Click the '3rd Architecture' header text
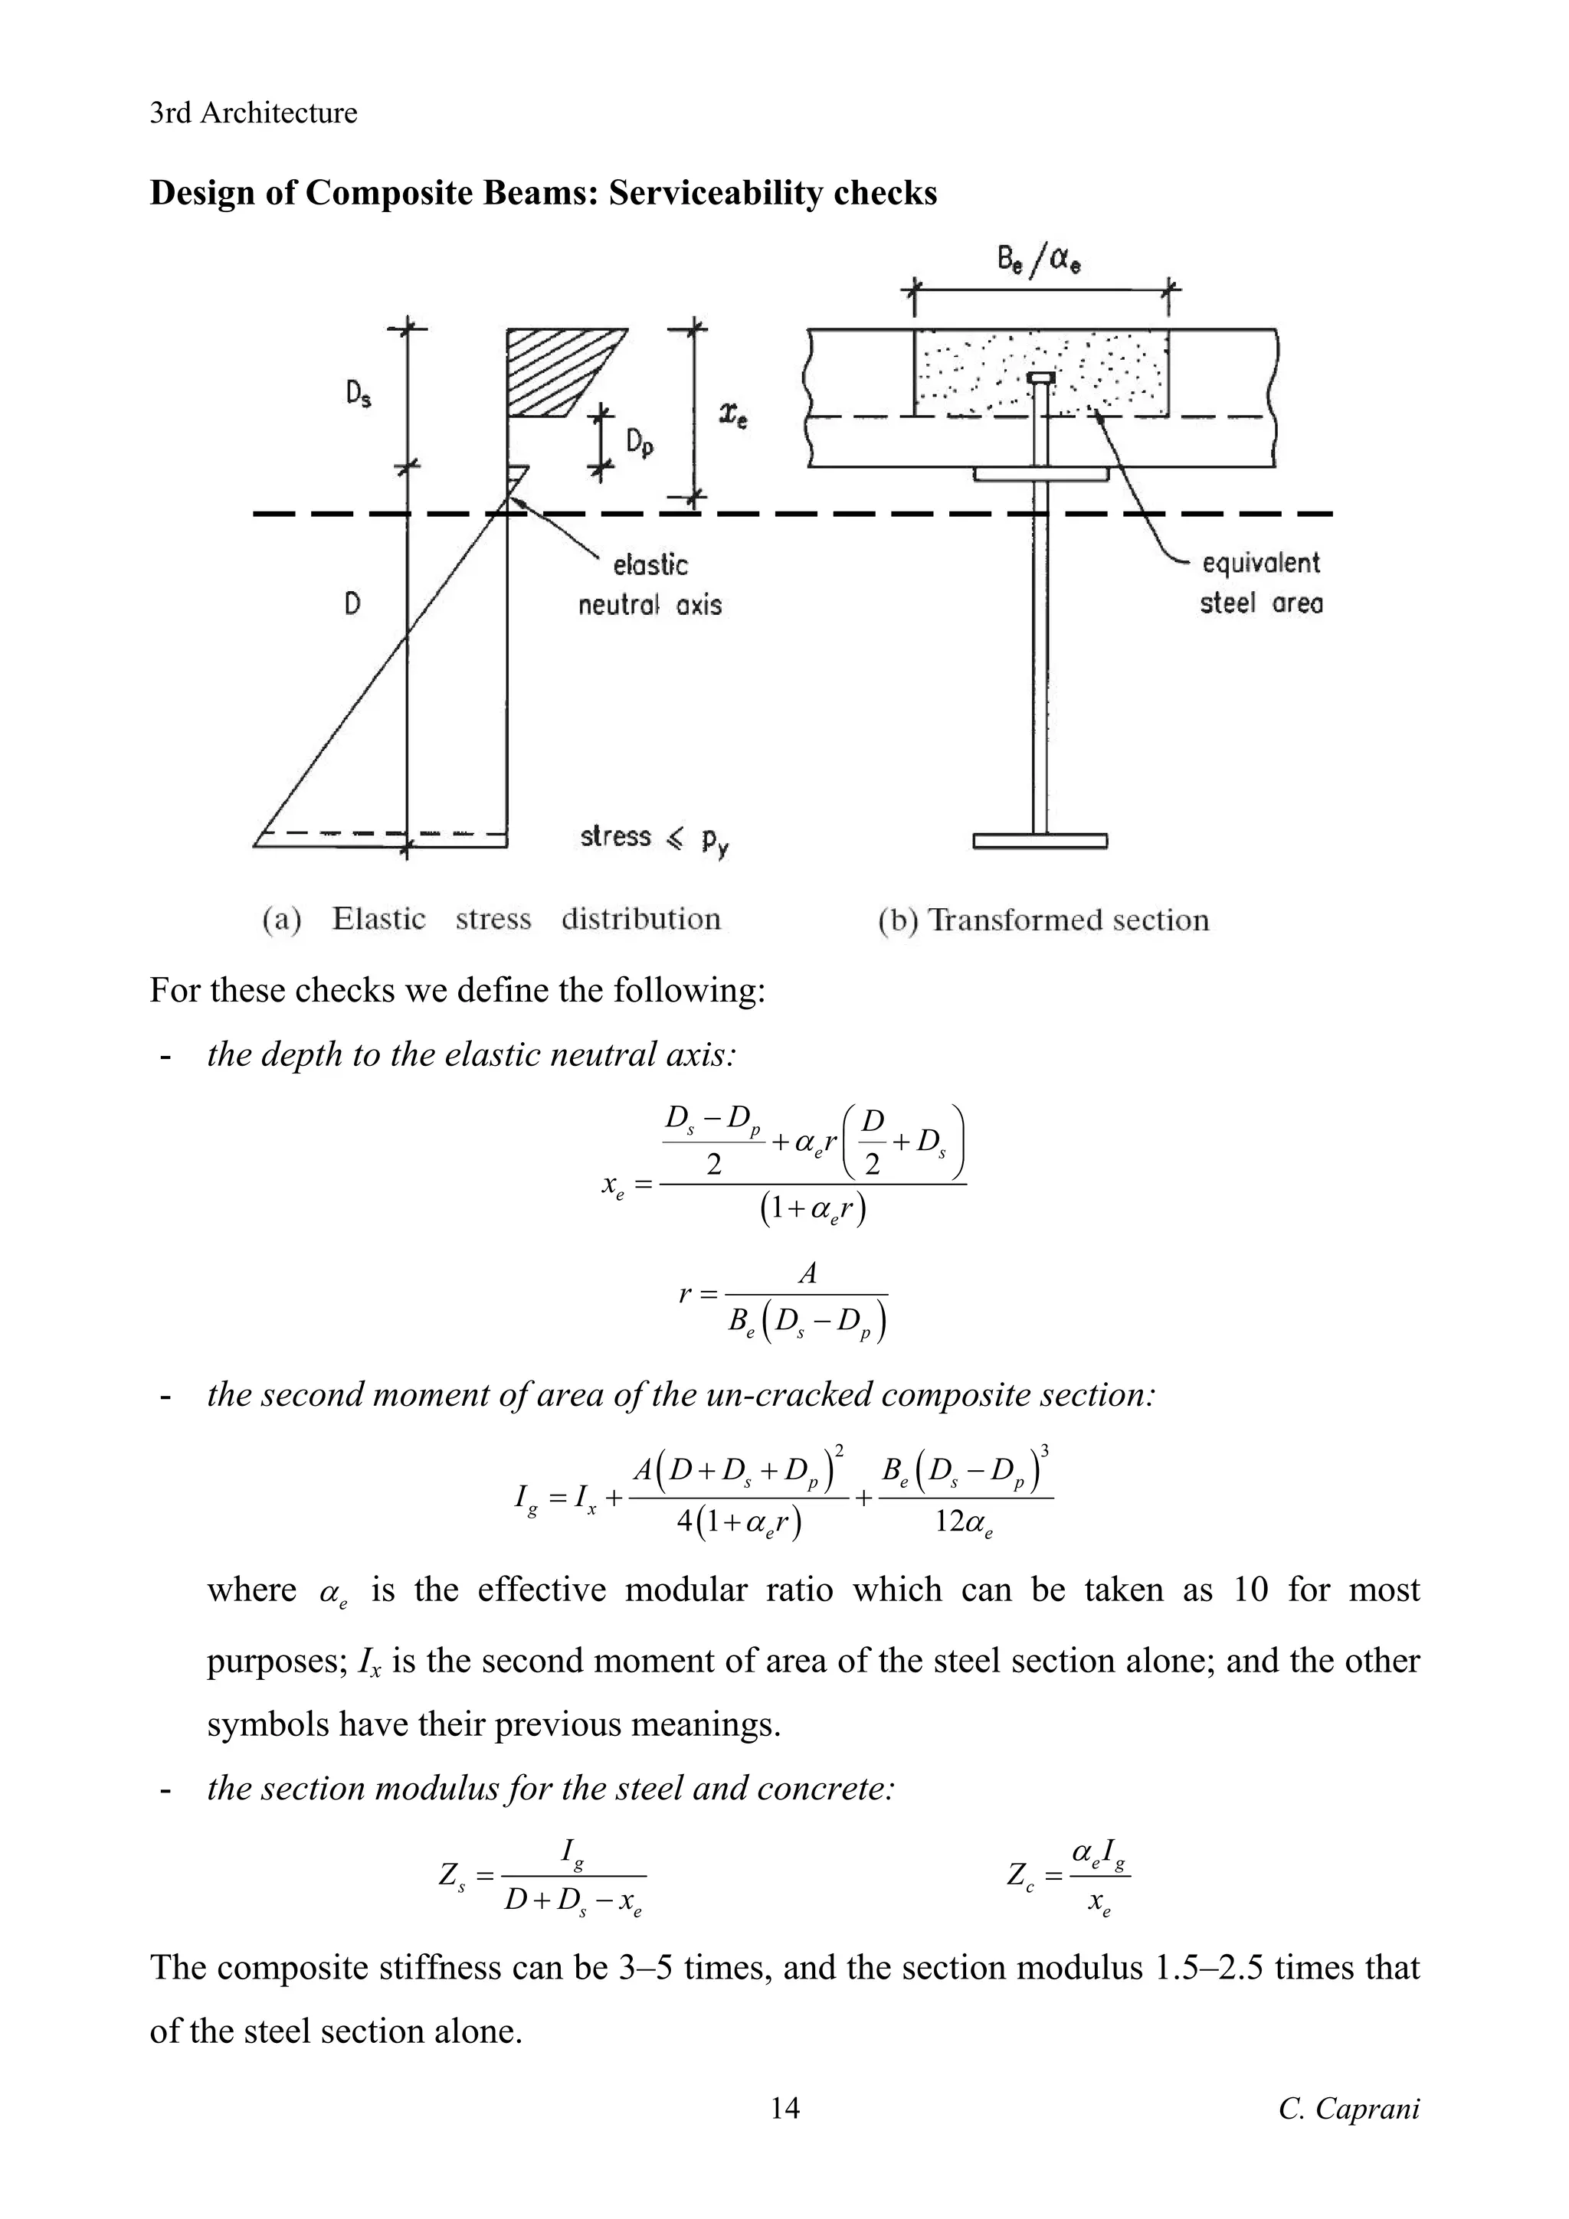click(x=254, y=113)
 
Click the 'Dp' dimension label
click(x=639, y=443)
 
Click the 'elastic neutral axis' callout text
click(x=650, y=585)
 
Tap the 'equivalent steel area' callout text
click(x=1260, y=583)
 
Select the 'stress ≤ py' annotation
click(x=654, y=837)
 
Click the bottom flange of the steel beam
click(x=1040, y=841)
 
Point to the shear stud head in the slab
click(x=1040, y=377)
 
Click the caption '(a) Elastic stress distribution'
click(x=491, y=919)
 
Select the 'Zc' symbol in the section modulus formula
click(x=1020, y=1876)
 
